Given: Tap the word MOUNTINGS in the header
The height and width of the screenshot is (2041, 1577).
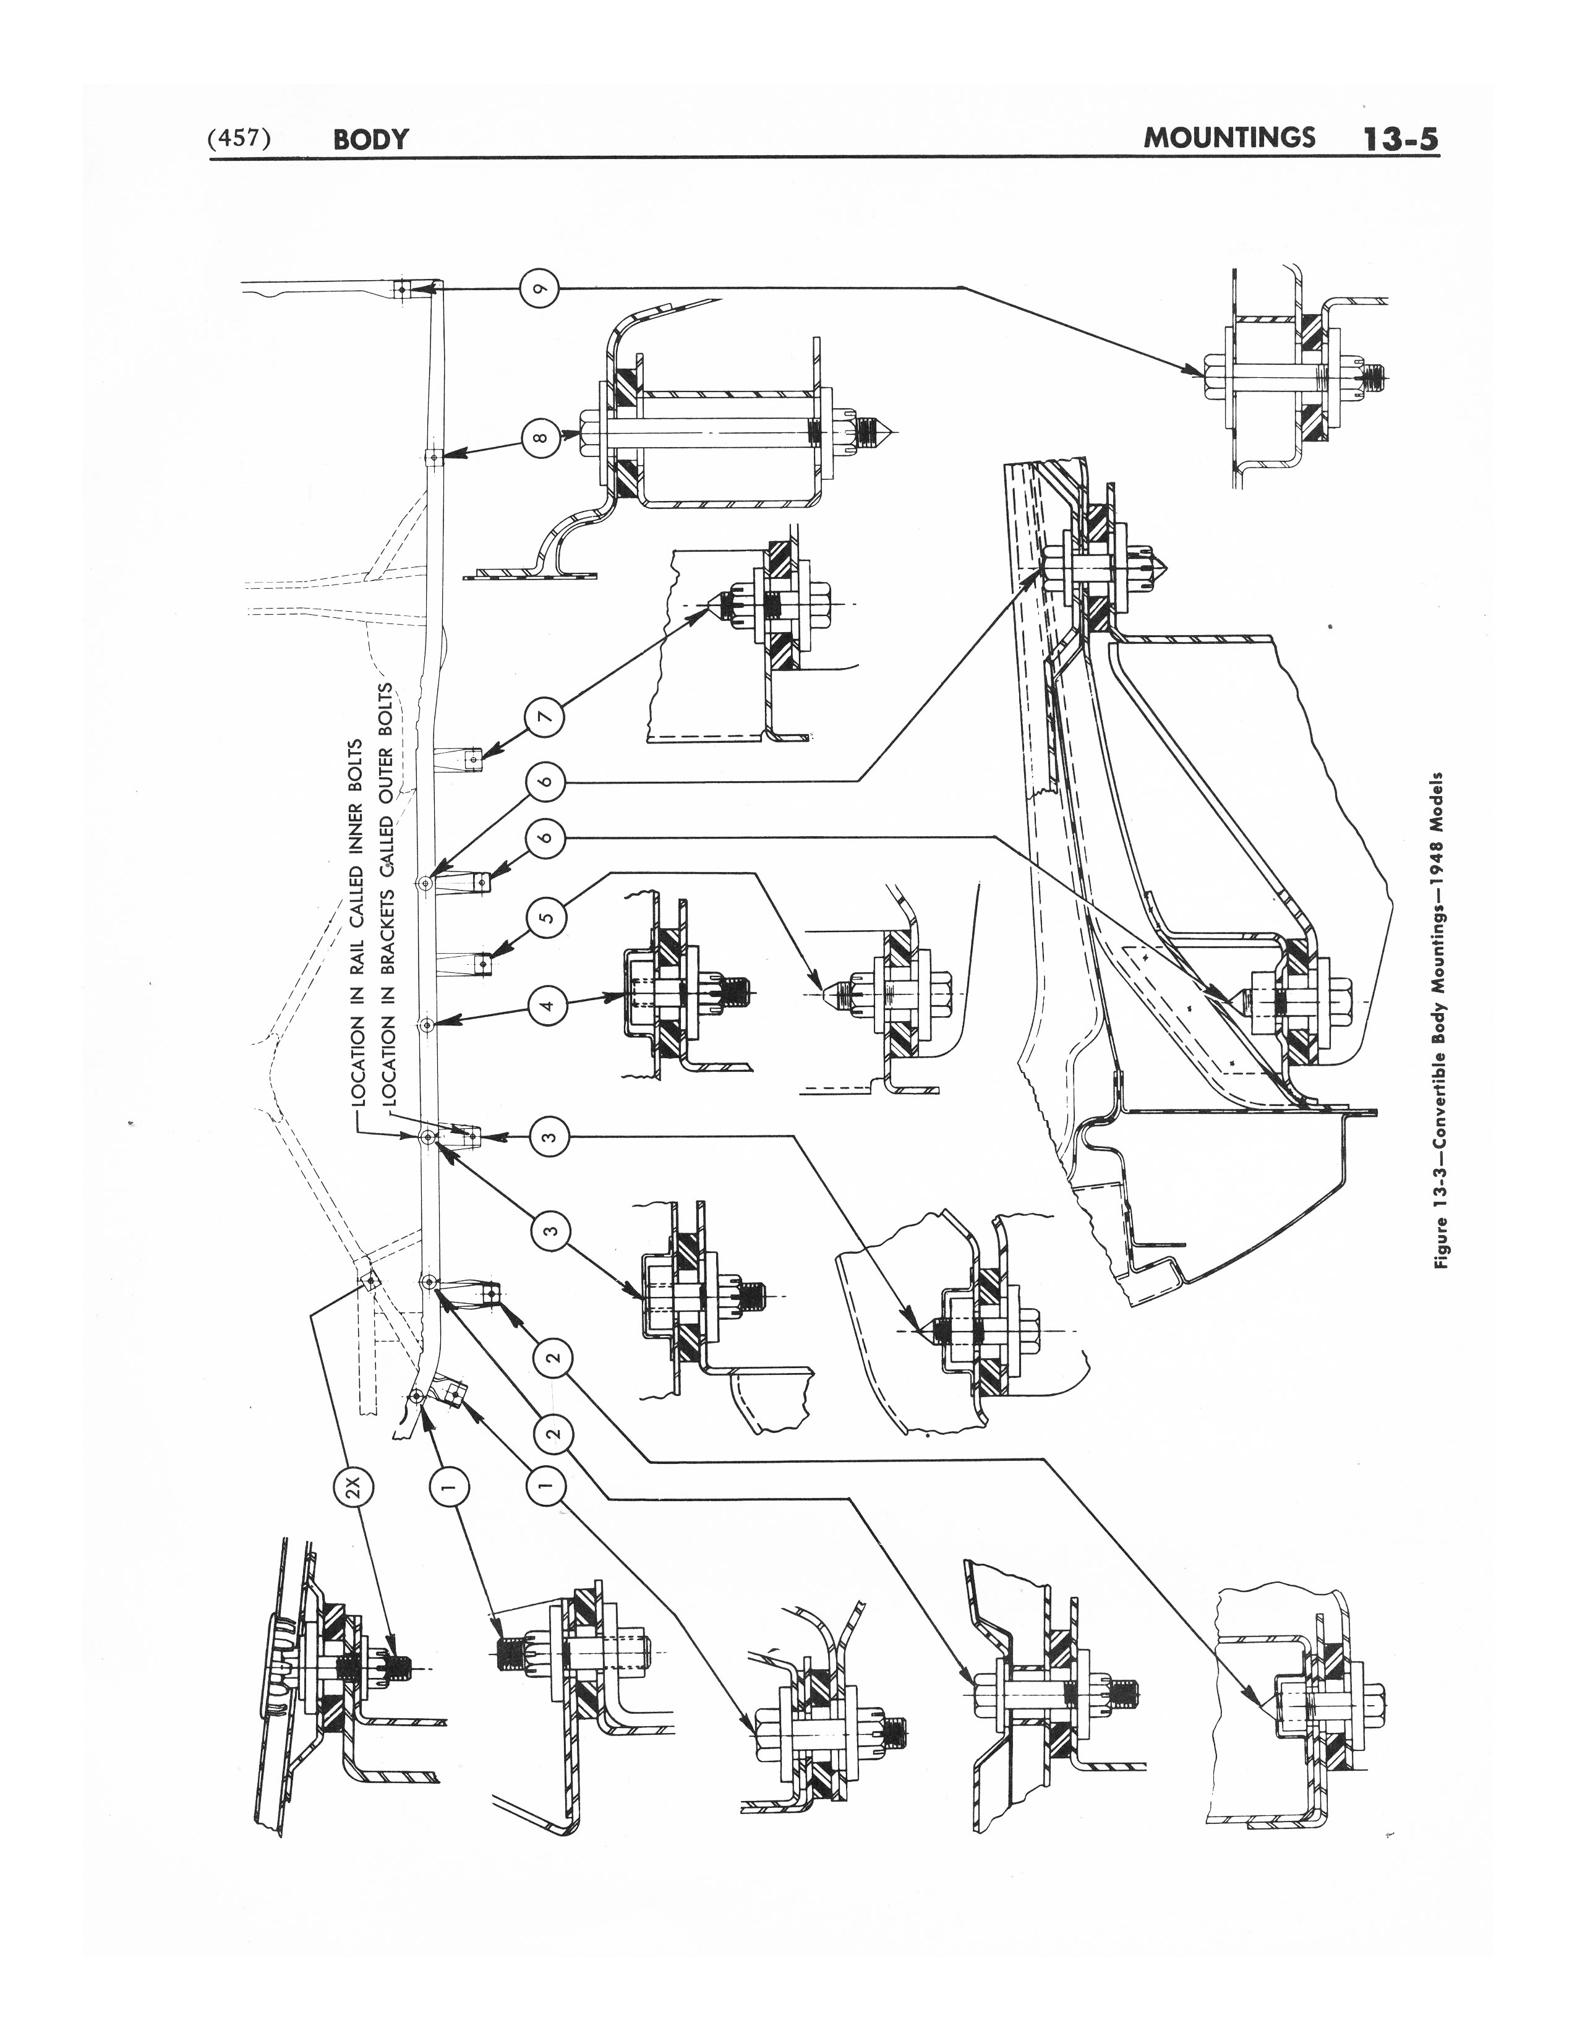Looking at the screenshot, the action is (x=1229, y=137).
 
